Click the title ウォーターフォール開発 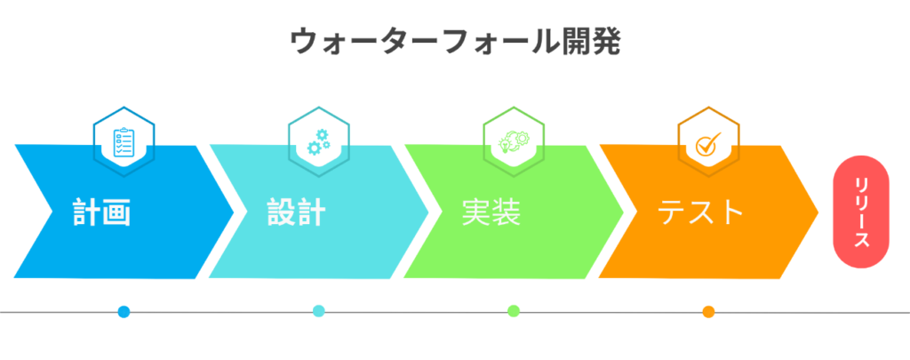[454, 41]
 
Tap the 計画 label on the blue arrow [102, 213]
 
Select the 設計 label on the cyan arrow [297, 213]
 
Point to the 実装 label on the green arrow [491, 213]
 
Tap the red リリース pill [860, 212]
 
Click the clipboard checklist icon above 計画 [124, 142]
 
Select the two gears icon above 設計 [318, 142]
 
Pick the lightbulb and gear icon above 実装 [513, 142]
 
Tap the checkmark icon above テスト [708, 142]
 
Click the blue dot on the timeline [124, 312]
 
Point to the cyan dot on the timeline [319, 311]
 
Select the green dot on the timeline [514, 311]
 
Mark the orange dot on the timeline [708, 312]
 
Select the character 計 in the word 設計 [312, 213]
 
